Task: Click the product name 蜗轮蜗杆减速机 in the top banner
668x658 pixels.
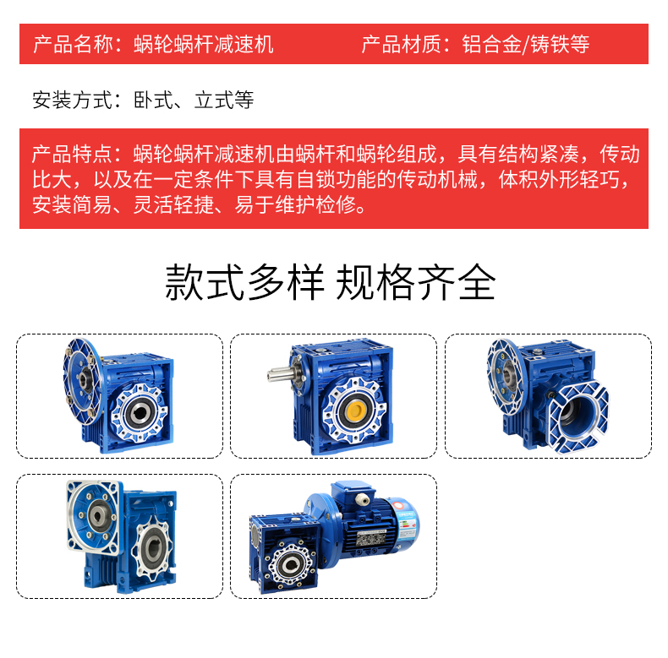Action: click(204, 44)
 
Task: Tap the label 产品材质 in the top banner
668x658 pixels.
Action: click(401, 44)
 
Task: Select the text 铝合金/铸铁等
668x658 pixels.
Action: click(526, 44)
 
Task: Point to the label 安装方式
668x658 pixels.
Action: click(72, 101)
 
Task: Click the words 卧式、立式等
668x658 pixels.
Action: click(194, 101)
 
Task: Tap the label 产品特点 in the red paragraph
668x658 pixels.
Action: click(72, 154)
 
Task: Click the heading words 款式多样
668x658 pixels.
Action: click(245, 283)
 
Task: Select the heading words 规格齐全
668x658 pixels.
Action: click(416, 283)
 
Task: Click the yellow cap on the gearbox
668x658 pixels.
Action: click(355, 411)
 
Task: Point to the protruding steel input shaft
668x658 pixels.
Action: click(280, 374)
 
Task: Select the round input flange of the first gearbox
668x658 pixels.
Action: click(82, 381)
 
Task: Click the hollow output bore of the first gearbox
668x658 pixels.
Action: click(139, 413)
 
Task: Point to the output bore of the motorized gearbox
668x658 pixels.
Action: click(291, 564)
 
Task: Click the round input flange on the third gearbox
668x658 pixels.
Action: click(506, 375)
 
